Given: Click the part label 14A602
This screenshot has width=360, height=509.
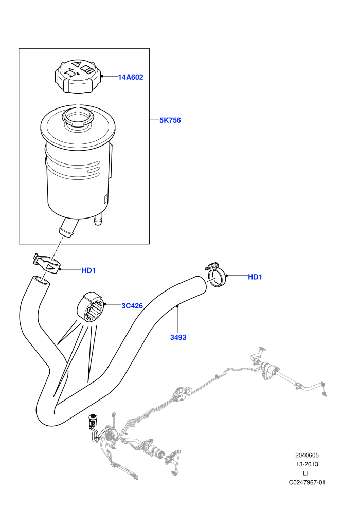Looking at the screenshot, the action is pos(130,77).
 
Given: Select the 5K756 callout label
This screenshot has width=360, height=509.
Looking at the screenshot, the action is pos(170,120).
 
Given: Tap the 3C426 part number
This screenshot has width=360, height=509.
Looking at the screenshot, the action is pos(132,306).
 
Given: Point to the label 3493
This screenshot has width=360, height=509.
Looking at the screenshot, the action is pos(178,338).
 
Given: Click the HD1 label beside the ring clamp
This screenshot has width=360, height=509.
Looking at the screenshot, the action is pos(255,277).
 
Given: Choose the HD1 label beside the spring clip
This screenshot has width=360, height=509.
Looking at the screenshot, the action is pos(88,270).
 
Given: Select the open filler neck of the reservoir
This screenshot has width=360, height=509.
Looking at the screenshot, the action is pos(78,118).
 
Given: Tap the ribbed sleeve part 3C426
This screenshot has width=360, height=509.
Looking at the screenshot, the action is pos(91,307).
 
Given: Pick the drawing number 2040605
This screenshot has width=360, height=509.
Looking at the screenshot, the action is pos(307,455).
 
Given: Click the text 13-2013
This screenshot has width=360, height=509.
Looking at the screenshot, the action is pos(307,464).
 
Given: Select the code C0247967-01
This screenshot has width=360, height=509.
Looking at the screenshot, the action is pos(307,482).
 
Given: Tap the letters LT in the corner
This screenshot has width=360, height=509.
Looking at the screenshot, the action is pos(306,474).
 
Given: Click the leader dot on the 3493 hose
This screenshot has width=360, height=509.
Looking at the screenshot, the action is pos(177,306).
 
